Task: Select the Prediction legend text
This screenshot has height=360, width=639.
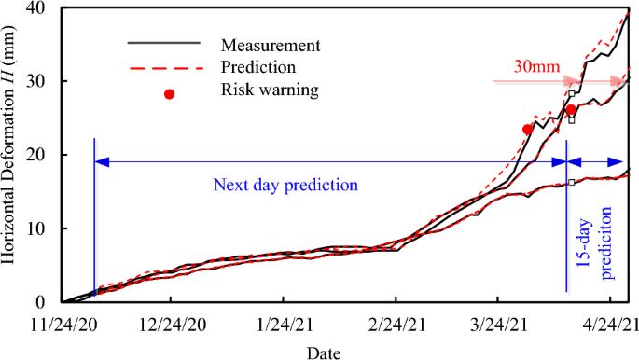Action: click(x=259, y=67)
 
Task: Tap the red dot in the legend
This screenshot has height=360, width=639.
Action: click(x=170, y=93)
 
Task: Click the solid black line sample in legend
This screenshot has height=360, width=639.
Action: click(x=163, y=43)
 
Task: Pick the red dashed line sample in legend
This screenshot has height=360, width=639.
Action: click(x=163, y=68)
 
